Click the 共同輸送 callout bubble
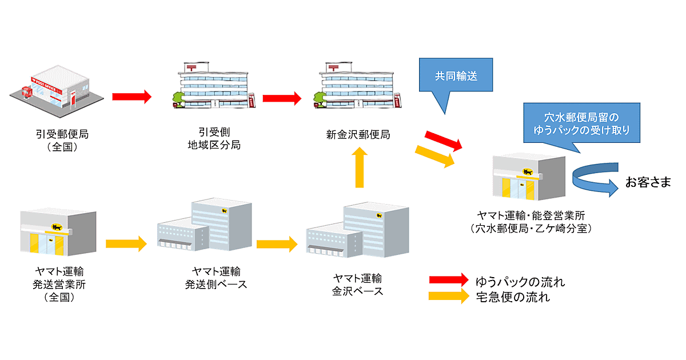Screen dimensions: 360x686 pyautogui.click(x=455, y=76)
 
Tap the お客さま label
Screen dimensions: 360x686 pyautogui.click(x=648, y=183)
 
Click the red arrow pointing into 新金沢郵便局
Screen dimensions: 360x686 pyautogui.click(x=282, y=98)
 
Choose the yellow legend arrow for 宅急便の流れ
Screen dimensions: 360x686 pyautogui.click(x=449, y=296)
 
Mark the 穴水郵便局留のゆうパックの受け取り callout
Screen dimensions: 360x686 pyautogui.click(x=580, y=124)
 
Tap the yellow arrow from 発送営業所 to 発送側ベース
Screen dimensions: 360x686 pyautogui.click(x=126, y=244)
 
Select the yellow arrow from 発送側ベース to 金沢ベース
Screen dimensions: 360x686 pyautogui.click(x=277, y=244)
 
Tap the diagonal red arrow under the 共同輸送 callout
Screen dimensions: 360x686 pyautogui.click(x=444, y=141)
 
